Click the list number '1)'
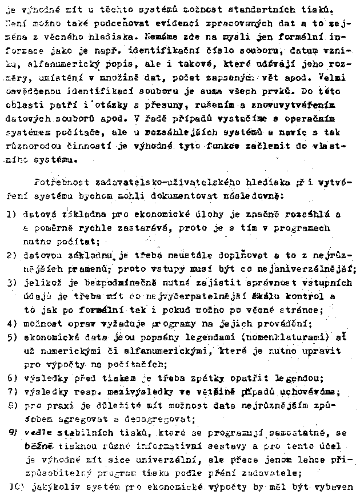(x=11, y=215)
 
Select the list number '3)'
(x=11, y=283)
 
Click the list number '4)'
(x=11, y=324)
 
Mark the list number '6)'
(x=11, y=379)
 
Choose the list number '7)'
(x=11, y=391)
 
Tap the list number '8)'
(x=11, y=405)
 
